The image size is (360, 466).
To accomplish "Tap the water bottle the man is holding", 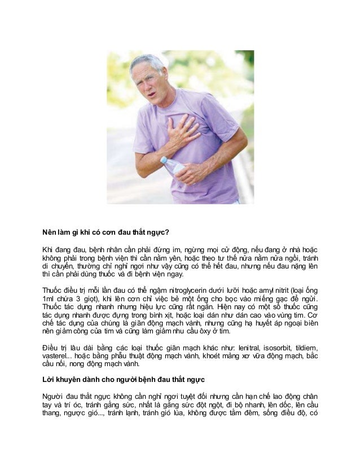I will tap(172, 166).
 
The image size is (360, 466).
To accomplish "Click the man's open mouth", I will tap(152, 92).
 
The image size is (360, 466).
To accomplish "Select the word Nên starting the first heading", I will tap(51, 232).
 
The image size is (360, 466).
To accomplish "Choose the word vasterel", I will tap(56, 355).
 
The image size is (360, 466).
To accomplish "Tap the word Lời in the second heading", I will tap(50, 379).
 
